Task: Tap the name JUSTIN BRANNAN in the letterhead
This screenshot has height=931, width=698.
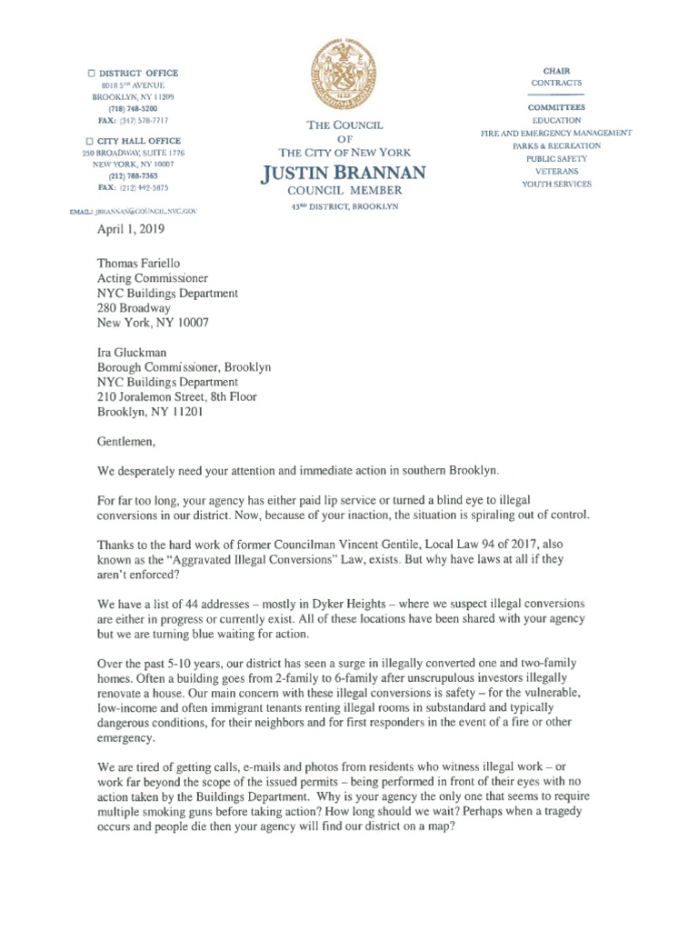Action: pos(344,172)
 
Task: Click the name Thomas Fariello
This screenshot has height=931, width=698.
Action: pos(140,262)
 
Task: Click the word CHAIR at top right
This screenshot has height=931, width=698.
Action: pos(556,70)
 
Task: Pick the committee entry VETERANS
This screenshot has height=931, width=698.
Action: pos(556,171)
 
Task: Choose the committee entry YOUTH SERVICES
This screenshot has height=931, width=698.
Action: pos(556,184)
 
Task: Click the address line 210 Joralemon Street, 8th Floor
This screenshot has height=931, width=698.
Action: pos(177,396)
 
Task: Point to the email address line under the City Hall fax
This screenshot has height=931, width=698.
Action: pos(133,211)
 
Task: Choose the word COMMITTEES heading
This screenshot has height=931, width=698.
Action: pos(556,107)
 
